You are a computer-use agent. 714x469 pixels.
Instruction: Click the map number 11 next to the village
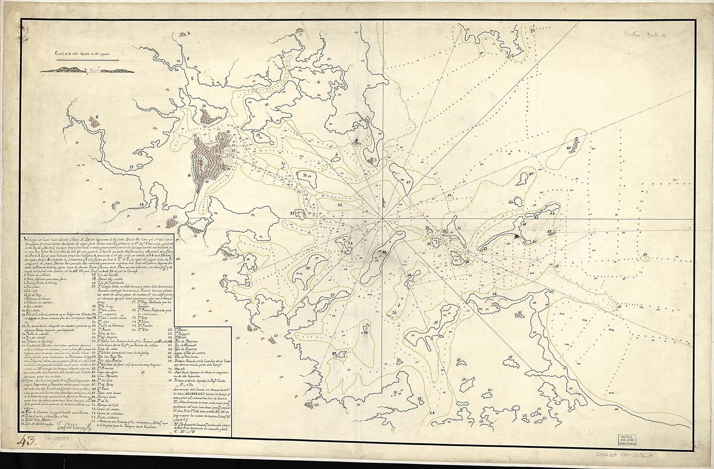[x=97, y=117]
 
